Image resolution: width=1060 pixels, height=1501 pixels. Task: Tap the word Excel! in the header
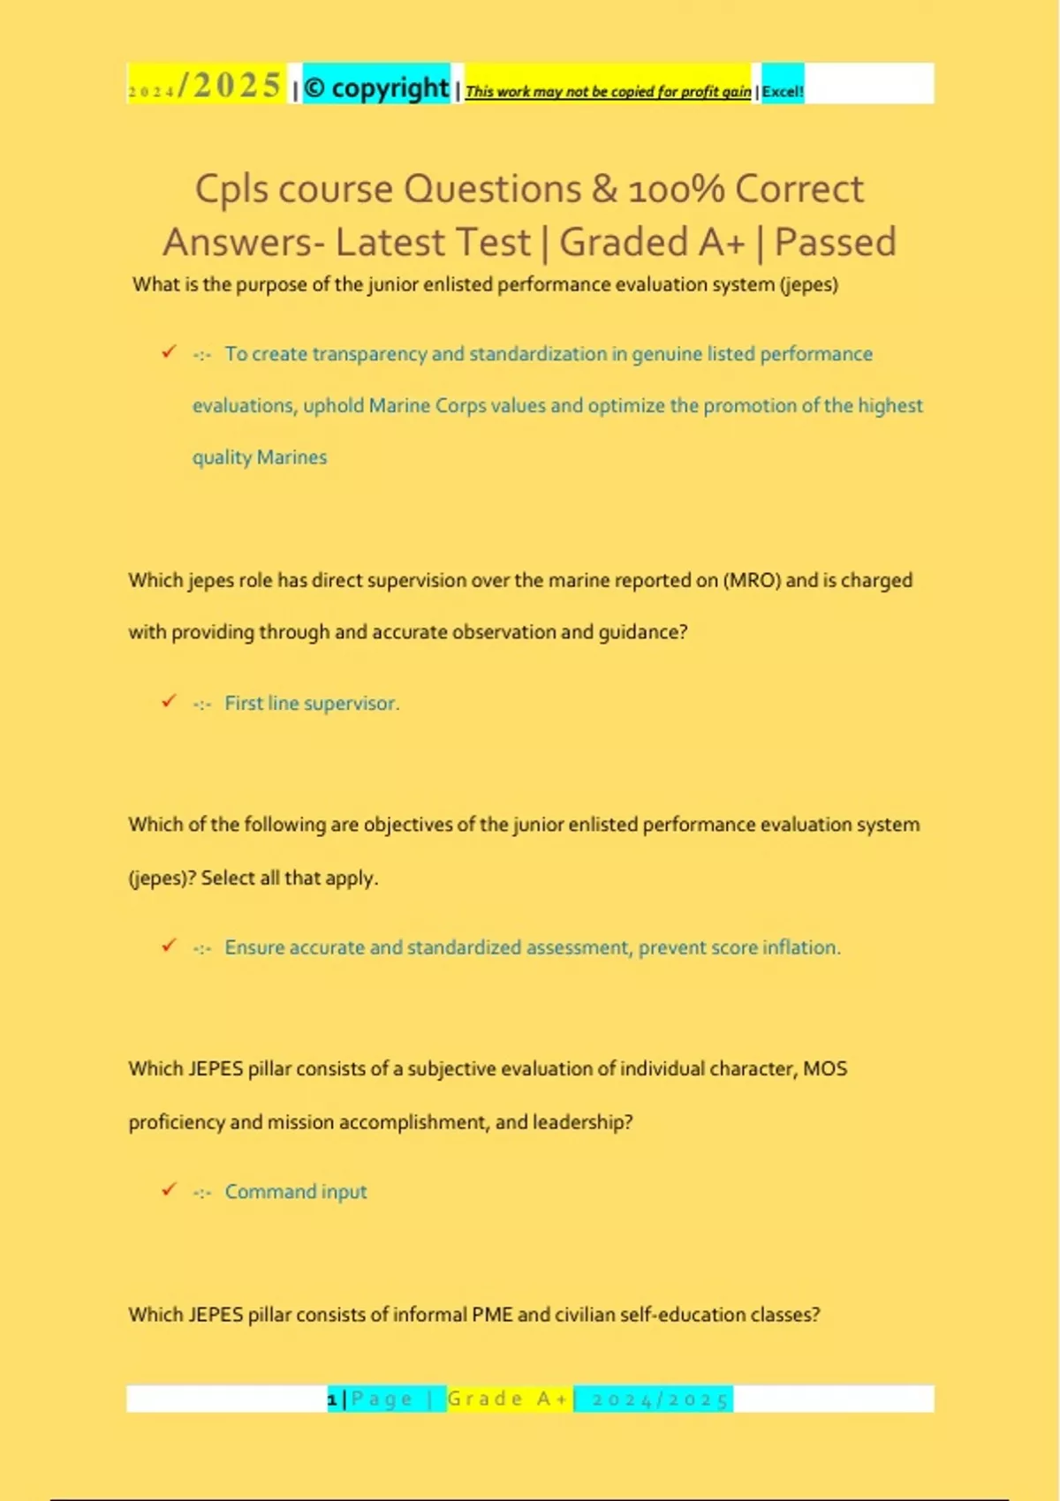click(x=783, y=91)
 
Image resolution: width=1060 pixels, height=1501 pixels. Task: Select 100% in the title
click(x=677, y=189)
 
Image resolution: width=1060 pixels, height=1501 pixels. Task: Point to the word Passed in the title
click(x=835, y=242)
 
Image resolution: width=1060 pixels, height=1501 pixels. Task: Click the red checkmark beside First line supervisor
click(x=169, y=702)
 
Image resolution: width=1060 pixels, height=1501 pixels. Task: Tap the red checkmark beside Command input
click(x=169, y=1190)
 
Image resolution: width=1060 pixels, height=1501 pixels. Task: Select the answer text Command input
click(x=295, y=1192)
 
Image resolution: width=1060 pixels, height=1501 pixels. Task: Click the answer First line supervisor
click(x=312, y=704)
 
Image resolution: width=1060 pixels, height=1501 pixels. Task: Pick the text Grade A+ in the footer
click(x=508, y=1399)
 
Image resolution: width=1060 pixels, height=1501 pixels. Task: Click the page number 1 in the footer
click(x=332, y=1399)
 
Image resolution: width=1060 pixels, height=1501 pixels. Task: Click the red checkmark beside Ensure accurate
click(x=169, y=946)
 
